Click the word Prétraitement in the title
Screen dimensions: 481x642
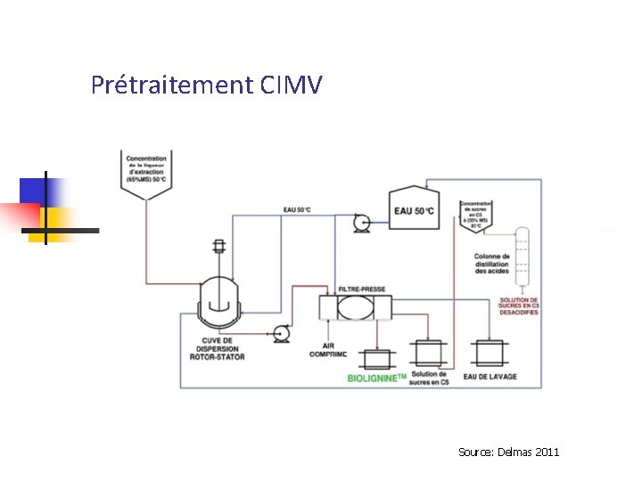coord(172,86)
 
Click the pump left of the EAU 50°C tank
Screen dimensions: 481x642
coord(362,224)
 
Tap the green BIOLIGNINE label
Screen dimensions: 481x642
coord(376,379)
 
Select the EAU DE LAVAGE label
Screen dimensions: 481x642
coord(490,377)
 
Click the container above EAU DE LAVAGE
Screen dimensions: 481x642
coord(490,352)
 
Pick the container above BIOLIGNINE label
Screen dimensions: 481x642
coord(379,358)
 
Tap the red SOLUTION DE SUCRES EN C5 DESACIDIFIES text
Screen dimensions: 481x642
coord(519,306)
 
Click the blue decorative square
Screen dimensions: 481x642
coord(43,192)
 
